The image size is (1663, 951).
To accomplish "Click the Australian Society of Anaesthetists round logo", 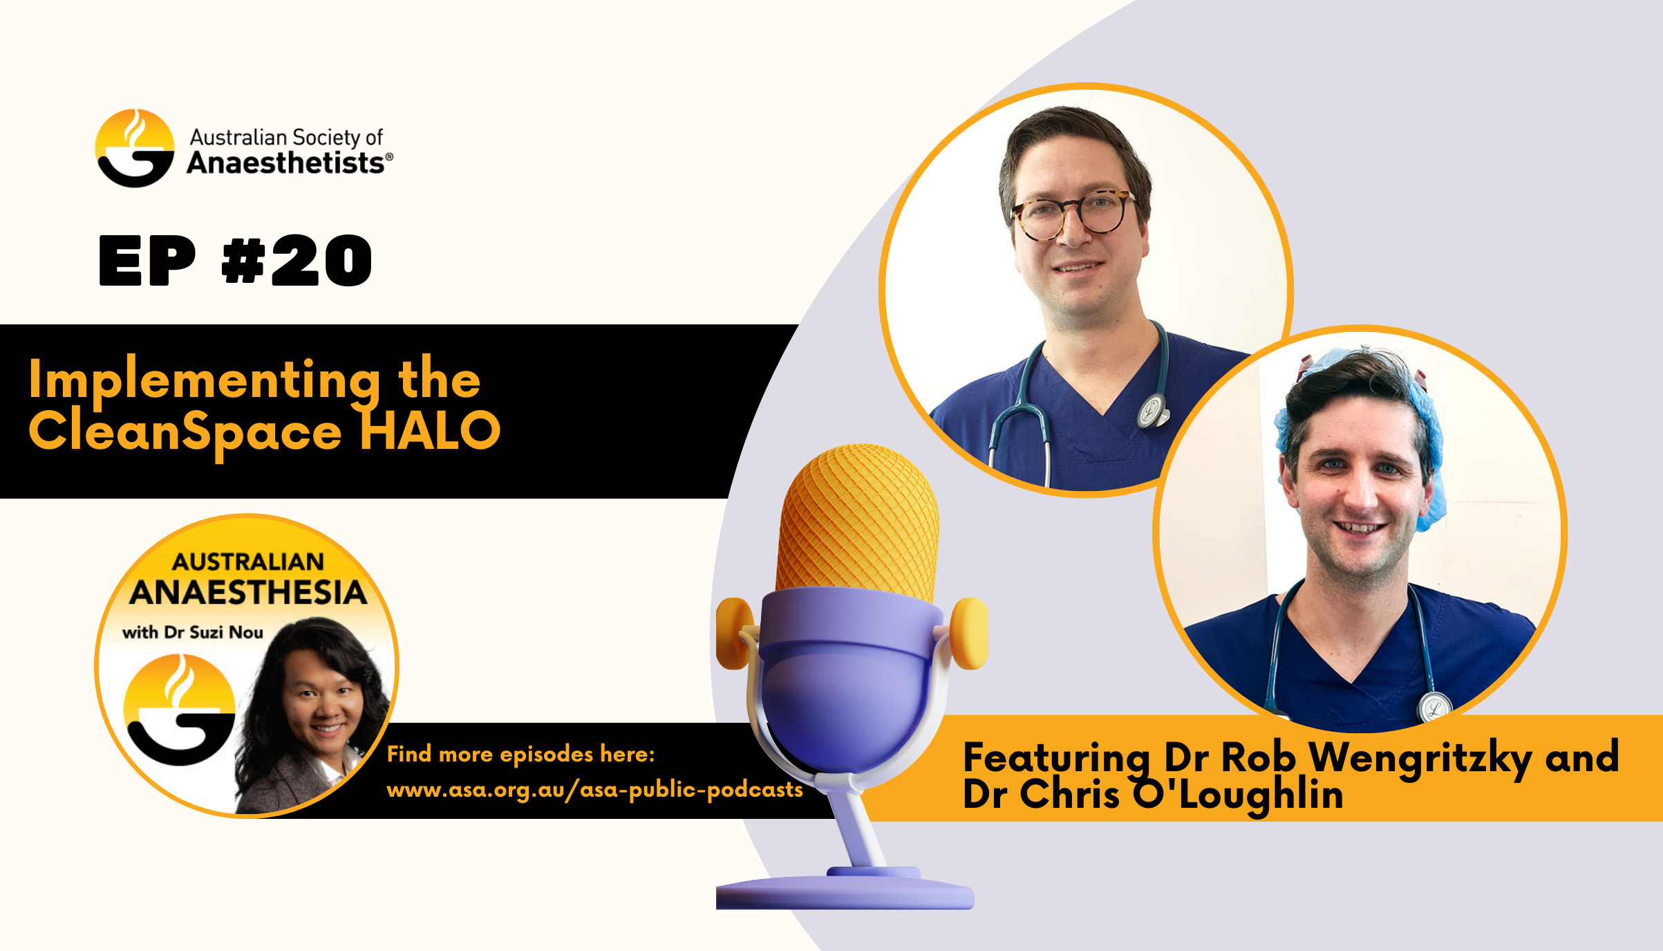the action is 135,148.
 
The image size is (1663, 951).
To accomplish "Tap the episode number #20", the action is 297,261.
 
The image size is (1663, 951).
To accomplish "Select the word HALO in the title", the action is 430,430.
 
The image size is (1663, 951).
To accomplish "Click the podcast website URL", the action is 594,790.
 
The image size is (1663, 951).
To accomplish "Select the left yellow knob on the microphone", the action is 734,633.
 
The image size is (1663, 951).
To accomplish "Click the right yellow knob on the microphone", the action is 970,633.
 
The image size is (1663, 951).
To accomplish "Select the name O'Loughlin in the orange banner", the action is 1238,795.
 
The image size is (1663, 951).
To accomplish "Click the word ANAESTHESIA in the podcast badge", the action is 247,593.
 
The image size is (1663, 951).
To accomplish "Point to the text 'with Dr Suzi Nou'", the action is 193,632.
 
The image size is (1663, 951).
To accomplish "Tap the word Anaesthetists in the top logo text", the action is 285,163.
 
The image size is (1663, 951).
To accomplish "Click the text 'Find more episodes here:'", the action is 520,754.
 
